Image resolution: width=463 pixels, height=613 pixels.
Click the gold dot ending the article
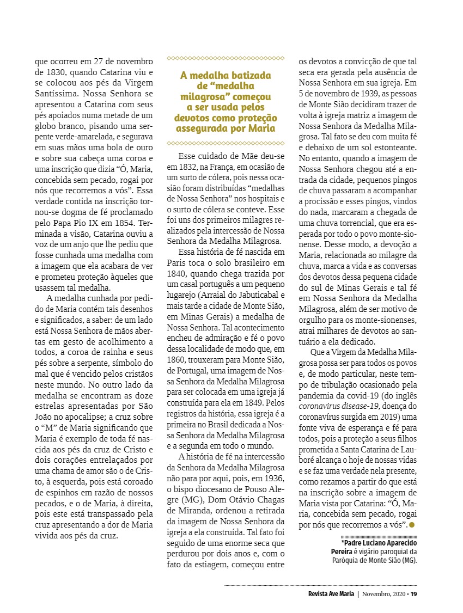(x=412, y=524)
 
